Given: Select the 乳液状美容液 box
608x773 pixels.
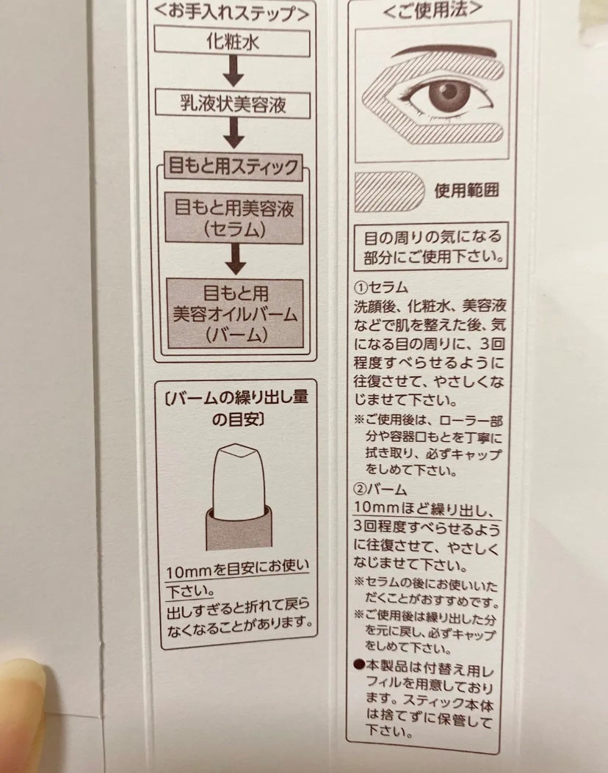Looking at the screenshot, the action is tap(233, 104).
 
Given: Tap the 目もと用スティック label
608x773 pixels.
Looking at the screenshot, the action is tap(234, 166).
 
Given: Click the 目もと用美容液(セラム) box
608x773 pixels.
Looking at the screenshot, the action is tap(234, 218).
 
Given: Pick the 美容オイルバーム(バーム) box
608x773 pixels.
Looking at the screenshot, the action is tap(235, 313).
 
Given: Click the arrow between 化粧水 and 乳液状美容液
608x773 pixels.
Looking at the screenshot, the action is tap(234, 71).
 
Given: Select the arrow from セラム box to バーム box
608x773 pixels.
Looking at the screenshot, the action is tap(236, 260).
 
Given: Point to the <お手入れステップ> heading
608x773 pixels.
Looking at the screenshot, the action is tap(232, 12).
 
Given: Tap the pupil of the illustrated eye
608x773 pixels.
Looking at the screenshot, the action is tap(449, 92).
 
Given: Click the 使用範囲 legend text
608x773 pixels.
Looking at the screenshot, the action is tap(466, 190).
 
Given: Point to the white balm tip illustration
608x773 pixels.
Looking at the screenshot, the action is tap(238, 477).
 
